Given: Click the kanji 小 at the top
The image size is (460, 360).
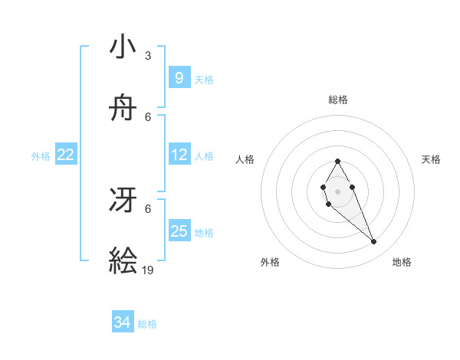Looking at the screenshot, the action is tap(123, 47).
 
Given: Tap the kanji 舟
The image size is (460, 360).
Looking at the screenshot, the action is tap(123, 108).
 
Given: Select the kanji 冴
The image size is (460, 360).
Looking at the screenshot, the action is tap(123, 200).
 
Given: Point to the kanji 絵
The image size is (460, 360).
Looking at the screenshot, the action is tap(123, 261).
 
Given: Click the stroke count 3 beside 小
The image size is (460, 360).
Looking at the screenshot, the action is tap(148, 55).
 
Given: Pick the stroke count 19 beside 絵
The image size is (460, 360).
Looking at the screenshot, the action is tap(149, 270).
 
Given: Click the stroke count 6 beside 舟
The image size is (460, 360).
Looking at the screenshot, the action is tap(148, 116).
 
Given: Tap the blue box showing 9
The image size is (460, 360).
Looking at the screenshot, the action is tap(179, 77).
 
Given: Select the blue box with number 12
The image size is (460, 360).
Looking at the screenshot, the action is tap(179, 155).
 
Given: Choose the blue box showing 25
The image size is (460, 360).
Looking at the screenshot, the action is tap(179, 231).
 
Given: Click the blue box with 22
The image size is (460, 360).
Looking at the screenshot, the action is tap(66, 155).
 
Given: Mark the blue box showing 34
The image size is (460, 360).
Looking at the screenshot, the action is tap(123, 322).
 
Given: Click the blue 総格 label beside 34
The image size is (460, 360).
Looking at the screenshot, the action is tap(147, 324).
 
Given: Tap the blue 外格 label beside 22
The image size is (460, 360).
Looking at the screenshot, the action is tap(41, 156).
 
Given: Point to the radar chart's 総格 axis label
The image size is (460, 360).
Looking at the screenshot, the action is tap(338, 100).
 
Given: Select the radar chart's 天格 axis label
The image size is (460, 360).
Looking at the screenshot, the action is tap(431, 159).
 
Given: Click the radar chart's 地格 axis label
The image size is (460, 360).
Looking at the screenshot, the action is tap(402, 262).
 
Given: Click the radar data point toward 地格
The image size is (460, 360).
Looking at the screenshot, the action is tap(374, 242).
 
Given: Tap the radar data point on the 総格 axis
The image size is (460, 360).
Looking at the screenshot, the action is tap(337, 161).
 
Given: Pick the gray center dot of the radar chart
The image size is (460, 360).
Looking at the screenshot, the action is tap(337, 191).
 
